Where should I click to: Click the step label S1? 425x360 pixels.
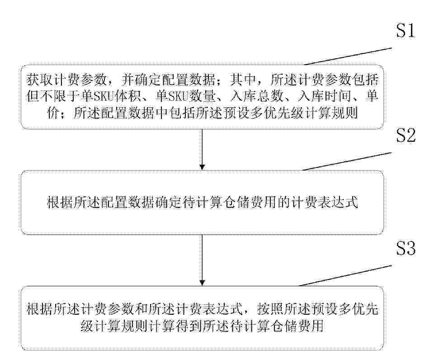coord(406,30)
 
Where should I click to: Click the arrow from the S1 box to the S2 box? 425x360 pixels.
coord(202,150)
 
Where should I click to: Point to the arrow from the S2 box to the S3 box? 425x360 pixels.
coord(202,260)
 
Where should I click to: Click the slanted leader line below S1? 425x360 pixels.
coord(348,57)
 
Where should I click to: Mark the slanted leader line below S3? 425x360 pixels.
coord(345,275)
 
